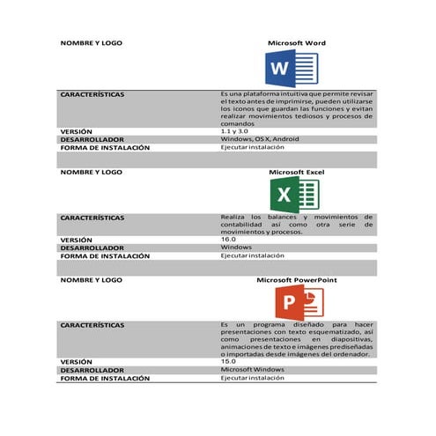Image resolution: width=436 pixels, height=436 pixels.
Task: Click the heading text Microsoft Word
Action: coord(298,42)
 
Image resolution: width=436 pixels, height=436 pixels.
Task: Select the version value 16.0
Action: coord(228,239)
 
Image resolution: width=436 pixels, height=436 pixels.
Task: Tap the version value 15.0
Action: coord(228,361)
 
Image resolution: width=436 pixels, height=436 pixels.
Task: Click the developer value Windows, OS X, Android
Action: coord(259,139)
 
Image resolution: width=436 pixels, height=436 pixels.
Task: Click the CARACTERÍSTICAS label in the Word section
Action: coord(92,93)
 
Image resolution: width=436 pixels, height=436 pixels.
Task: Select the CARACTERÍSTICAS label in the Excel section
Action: coord(92,217)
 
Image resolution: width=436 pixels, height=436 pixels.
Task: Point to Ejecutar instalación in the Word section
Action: coord(252,147)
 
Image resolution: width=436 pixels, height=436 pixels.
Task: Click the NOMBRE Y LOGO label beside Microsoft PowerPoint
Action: coord(91,280)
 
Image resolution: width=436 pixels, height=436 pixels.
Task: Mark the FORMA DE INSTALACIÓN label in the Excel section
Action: coord(104,255)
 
